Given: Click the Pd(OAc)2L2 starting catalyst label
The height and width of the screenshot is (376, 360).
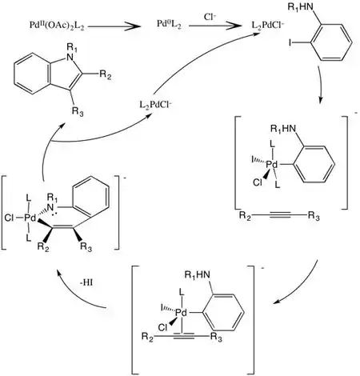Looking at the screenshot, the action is [57, 26].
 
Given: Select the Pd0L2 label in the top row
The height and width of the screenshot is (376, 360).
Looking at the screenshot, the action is [169, 25].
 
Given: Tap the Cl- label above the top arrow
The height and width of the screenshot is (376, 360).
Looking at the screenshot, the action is [210, 17].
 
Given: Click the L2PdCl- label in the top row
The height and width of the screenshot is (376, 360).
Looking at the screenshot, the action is [268, 26].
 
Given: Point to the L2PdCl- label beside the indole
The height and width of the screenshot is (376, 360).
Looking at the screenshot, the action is [156, 105].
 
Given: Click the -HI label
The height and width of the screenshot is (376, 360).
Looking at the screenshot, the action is [86, 282].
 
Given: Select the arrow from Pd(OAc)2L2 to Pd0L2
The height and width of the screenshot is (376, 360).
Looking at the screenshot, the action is [114, 26].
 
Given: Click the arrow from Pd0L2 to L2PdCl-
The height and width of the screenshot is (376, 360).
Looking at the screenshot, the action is [214, 26].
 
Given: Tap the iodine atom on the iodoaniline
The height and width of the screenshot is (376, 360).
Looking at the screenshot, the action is [290, 42].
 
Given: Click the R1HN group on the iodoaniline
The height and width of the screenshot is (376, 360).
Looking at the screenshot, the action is [300, 7].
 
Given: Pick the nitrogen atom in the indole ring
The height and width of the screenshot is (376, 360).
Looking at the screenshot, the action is [70, 57].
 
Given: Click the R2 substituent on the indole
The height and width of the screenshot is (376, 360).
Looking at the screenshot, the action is [106, 74].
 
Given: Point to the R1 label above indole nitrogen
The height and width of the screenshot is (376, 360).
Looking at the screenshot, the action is [72, 47].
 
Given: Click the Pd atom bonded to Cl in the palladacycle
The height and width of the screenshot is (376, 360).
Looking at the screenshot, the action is [30, 218].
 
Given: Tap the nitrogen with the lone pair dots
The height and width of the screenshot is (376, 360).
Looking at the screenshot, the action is [50, 206].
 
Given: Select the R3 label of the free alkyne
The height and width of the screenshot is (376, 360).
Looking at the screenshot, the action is [314, 216].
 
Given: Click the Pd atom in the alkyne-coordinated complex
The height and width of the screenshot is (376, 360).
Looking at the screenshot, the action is [182, 313].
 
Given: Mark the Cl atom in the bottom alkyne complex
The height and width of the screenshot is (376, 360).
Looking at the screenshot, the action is [162, 327].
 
